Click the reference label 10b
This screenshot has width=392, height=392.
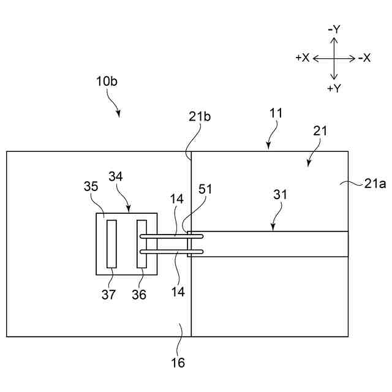pyautogui.click(x=107, y=81)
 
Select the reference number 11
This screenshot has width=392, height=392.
pyautogui.click(x=276, y=113)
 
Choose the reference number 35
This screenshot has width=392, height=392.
pyautogui.click(x=90, y=186)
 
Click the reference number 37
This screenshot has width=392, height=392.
pyautogui.click(x=108, y=295)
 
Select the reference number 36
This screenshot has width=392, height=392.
pyautogui.click(x=139, y=295)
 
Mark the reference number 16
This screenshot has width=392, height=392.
pyautogui.click(x=178, y=363)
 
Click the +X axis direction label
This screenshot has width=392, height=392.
pyautogui.click(x=302, y=58)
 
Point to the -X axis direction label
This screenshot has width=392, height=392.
pyautogui.click(x=364, y=58)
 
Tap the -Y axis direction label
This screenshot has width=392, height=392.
pyautogui.click(x=334, y=29)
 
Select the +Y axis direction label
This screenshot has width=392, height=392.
pyautogui.click(x=334, y=88)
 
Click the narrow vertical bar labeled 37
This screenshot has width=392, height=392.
pyautogui.click(x=111, y=244)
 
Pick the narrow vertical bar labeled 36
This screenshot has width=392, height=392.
pyautogui.click(x=141, y=244)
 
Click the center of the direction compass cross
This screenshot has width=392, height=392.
pyautogui.click(x=334, y=59)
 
